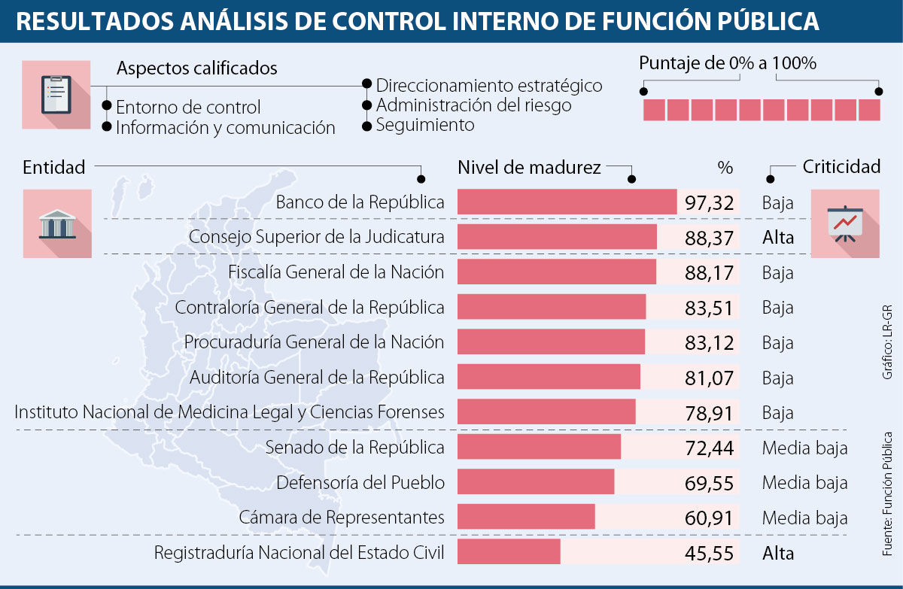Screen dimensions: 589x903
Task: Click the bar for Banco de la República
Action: [567, 202]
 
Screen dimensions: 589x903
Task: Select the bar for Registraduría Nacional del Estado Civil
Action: [509, 553]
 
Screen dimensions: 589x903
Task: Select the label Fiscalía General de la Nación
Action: [336, 272]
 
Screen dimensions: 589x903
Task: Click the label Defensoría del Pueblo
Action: [360, 482]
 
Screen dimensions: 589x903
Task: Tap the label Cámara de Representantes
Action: [342, 518]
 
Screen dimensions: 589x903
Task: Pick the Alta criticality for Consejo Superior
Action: [777, 238]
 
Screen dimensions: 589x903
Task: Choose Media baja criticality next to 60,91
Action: [804, 518]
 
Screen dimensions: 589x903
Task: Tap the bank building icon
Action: [56, 223]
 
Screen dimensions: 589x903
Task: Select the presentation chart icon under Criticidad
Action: [845, 223]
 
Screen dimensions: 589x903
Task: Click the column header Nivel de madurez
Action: [529, 167]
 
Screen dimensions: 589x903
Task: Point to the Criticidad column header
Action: [841, 167]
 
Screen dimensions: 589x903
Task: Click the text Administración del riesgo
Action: [473, 105]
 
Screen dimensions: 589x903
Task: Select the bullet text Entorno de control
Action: [188, 107]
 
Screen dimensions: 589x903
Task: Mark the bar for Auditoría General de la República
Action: [549, 377]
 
